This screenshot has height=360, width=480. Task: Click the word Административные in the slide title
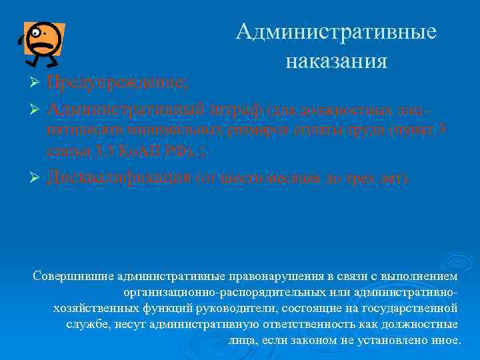(x=336, y=31)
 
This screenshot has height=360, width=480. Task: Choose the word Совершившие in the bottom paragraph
(x=72, y=276)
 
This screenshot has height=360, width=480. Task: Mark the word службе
(x=87, y=324)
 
